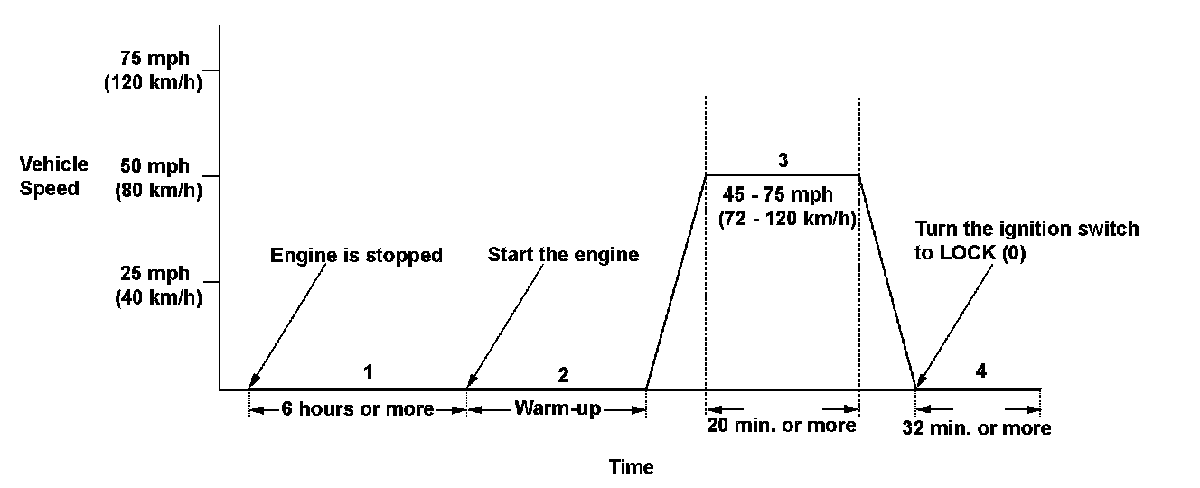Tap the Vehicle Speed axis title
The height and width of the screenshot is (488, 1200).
[54, 176]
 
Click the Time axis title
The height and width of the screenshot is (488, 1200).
[631, 467]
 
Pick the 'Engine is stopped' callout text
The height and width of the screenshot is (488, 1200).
[356, 256]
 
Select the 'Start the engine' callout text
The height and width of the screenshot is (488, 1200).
[563, 255]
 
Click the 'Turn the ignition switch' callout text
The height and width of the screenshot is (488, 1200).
[1027, 229]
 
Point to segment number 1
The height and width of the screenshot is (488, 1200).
[368, 371]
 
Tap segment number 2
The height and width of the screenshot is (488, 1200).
[563, 374]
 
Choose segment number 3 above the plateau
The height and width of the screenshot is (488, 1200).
[783, 160]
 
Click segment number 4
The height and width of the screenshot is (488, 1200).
[980, 371]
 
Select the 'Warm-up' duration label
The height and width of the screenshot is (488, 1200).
[558, 408]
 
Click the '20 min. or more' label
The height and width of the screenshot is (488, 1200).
[783, 425]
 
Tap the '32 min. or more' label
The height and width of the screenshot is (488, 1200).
[978, 428]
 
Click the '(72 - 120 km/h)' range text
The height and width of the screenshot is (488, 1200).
[787, 219]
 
